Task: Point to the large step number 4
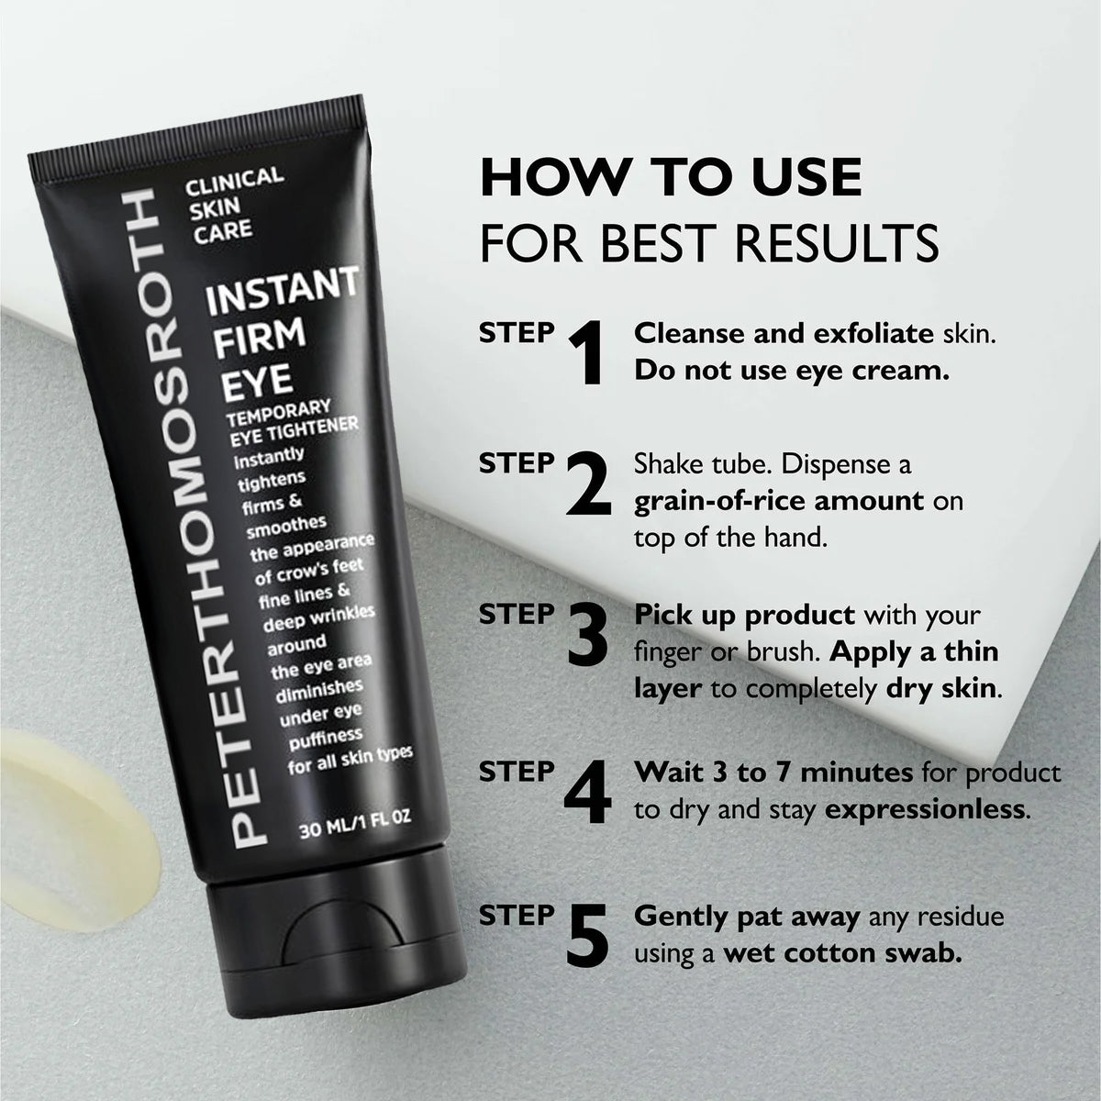[588, 789]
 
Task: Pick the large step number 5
[588, 937]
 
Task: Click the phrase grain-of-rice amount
[778, 501]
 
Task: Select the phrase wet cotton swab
[842, 952]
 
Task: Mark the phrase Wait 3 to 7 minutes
[773, 773]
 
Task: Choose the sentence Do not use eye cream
[791, 372]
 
